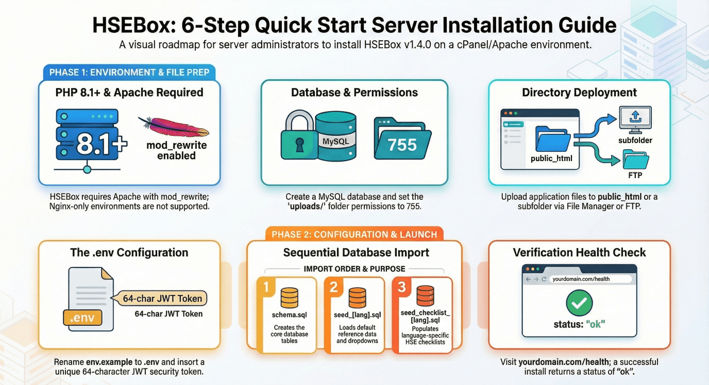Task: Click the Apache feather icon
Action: coord(174,127)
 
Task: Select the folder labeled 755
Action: coord(402,138)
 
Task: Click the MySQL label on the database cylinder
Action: coord(335,142)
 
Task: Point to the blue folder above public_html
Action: coord(553,139)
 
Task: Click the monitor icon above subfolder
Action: coord(635,119)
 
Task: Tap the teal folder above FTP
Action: coord(635,160)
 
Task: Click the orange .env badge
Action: coord(82,318)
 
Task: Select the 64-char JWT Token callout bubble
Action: coord(159,299)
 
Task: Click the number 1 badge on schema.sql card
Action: coord(265,287)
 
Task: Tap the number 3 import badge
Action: coord(401,287)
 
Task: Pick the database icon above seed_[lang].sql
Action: coord(358,297)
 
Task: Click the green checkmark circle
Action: coord(579,303)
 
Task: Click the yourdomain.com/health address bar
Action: coord(590,279)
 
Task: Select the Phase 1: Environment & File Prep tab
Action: coord(129,73)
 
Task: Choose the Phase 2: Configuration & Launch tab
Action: coord(354,234)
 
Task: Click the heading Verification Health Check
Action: coord(579,252)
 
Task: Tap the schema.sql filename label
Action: coord(289,315)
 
